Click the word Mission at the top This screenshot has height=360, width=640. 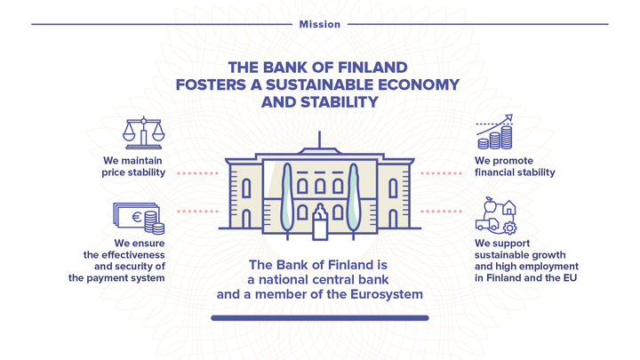coord(320,25)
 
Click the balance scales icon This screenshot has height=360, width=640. coord(144,132)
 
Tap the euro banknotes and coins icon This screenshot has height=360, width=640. coord(139,219)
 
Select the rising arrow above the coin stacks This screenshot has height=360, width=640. coord(494,125)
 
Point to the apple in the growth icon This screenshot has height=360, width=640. coord(490,205)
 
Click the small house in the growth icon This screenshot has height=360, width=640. coord(508,207)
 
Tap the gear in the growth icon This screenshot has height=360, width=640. coord(510,228)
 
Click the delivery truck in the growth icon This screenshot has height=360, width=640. coord(487,224)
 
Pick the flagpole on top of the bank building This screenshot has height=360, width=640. coord(319,140)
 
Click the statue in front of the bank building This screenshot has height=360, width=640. coord(320,221)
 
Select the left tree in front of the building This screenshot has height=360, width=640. coord(287,201)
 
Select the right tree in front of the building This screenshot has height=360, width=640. coord(353,201)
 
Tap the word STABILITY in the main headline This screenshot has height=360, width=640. coord(340,102)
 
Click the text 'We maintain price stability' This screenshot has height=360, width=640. coord(133,166)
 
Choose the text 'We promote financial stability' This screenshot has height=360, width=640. coord(515,166)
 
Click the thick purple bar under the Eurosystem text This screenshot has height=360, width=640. coord(320,318)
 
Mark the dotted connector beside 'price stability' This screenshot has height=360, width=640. coord(197,173)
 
